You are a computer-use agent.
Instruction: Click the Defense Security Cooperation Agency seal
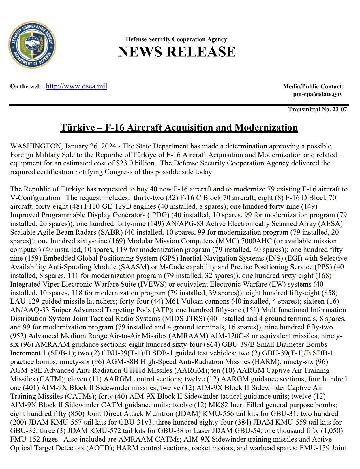coord(32,45)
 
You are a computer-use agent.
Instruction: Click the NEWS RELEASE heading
coord(177,52)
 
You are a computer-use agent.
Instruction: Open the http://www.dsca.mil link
coord(76,86)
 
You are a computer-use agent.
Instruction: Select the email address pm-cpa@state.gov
coord(318,94)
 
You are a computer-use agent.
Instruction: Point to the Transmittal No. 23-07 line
coord(317,109)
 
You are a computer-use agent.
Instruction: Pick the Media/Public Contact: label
coord(313,86)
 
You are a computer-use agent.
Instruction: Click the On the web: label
coord(27,86)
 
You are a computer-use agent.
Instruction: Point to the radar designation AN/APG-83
coord(188,224)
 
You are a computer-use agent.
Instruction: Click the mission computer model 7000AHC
coord(255,241)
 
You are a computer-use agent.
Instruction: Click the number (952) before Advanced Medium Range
coord(18,336)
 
